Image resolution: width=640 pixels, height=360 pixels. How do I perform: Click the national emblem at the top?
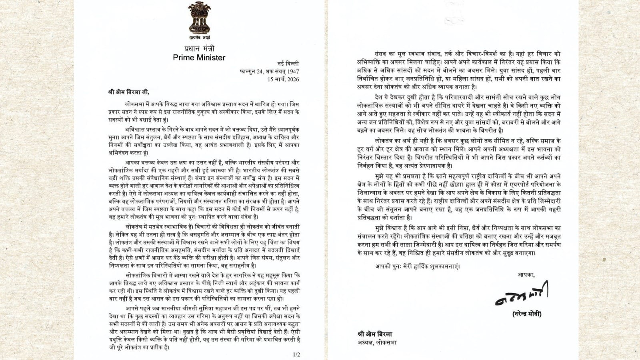pyautogui.click(x=199, y=18)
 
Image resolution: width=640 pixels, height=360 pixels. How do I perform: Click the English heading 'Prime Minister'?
pyautogui.click(x=199, y=58)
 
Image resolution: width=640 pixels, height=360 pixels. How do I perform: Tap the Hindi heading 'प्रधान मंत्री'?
pyautogui.click(x=199, y=49)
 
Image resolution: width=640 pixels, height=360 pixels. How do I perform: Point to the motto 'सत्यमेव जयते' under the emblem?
pyautogui.click(x=200, y=38)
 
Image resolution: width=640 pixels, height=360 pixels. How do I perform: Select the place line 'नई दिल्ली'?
pyautogui.click(x=288, y=64)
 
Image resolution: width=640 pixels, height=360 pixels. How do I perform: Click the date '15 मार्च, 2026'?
pyautogui.click(x=283, y=79)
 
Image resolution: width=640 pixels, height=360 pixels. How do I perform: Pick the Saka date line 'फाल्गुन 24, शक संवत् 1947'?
pyautogui.click(x=269, y=72)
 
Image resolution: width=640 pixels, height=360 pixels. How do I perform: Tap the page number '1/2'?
pyautogui.click(x=296, y=354)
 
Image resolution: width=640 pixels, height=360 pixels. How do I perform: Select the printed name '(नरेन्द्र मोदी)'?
pyautogui.click(x=527, y=314)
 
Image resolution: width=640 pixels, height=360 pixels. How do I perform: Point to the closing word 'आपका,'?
pyautogui.click(x=526, y=274)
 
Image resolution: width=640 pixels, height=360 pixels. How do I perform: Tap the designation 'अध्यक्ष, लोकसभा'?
pyautogui.click(x=377, y=342)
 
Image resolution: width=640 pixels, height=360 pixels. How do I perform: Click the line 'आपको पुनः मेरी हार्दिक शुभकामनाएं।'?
pyautogui.click(x=418, y=266)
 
